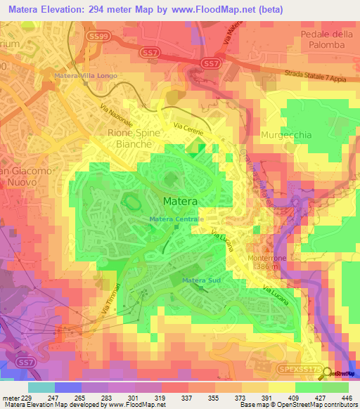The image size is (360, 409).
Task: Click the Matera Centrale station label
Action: tap(176, 219)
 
